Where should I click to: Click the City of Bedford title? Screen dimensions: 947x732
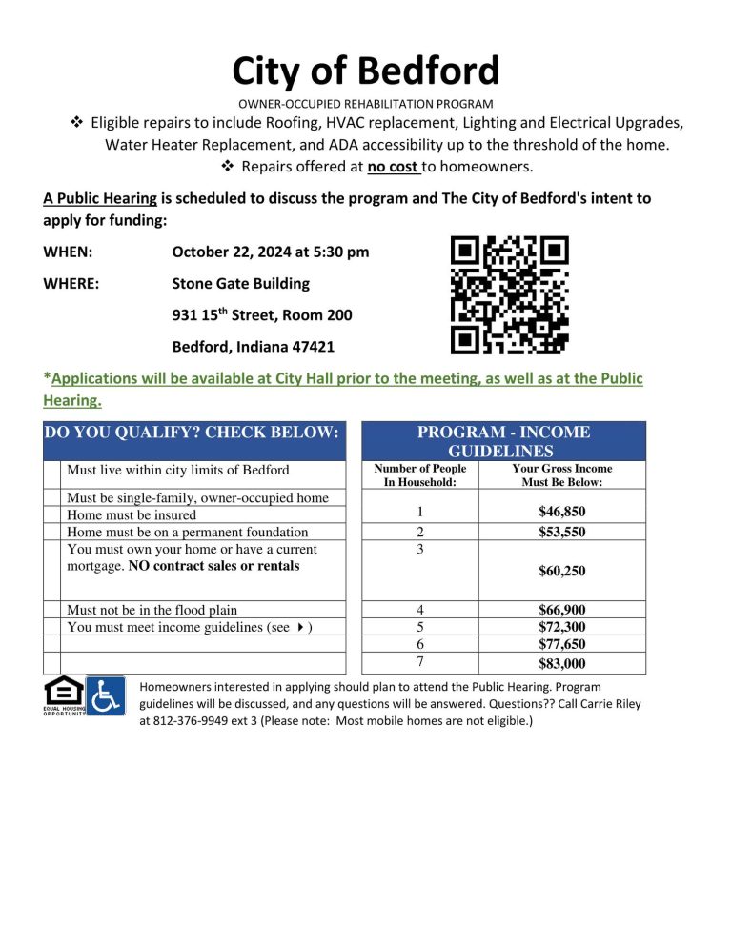[x=366, y=71]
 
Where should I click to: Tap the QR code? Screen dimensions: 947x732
[x=509, y=294]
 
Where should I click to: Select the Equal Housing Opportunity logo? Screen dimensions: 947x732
[x=63, y=696]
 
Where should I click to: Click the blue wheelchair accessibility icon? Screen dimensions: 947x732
[x=105, y=696]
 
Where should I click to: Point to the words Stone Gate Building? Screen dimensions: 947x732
[x=240, y=284]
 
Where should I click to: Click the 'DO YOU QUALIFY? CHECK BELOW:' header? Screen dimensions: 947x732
[x=192, y=433]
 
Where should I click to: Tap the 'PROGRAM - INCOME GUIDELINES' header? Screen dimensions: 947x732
[x=503, y=441]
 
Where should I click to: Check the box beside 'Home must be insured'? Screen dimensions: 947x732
[x=53, y=514]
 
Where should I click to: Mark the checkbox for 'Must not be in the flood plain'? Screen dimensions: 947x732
[x=53, y=610]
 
